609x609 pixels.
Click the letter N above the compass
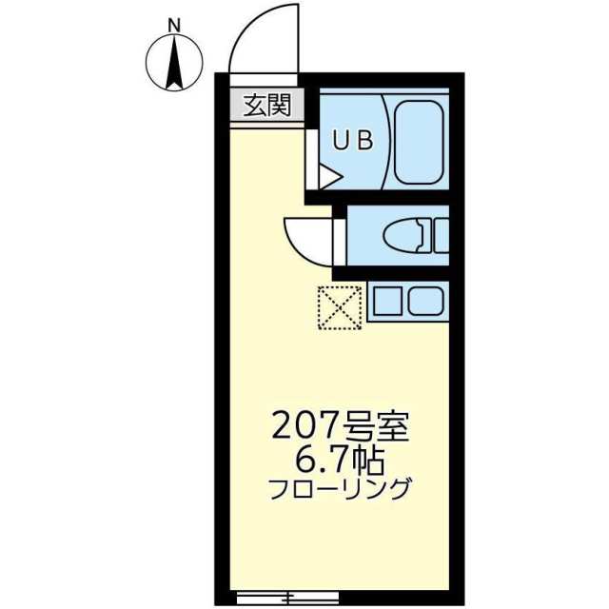[174, 26]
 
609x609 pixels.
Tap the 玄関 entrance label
[267, 106]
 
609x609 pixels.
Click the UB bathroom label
[353, 140]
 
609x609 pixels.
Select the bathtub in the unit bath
[419, 142]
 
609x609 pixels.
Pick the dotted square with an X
[340, 308]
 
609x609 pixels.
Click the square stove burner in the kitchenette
[387, 301]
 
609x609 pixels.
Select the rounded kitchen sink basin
[425, 301]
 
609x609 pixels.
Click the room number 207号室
[340, 426]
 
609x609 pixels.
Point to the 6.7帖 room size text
[340, 462]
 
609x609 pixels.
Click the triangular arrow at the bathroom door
[330, 178]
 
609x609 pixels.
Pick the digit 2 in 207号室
[283, 426]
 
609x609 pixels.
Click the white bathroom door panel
[311, 159]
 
